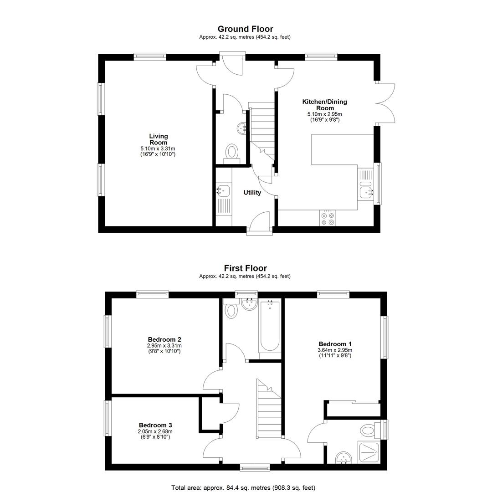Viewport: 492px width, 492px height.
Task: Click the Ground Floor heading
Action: (x=246, y=29)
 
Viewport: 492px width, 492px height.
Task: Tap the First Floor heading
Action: (x=246, y=268)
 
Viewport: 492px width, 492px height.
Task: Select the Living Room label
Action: (x=159, y=139)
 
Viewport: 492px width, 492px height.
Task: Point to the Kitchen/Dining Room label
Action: (x=325, y=105)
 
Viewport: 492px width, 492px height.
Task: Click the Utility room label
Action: (x=252, y=193)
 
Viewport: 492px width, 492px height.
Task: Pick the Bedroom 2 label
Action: (x=164, y=339)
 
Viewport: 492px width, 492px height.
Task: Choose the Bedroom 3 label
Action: (x=155, y=425)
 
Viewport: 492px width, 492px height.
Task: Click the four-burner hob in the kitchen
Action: (x=328, y=218)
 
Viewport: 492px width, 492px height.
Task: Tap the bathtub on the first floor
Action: (x=270, y=326)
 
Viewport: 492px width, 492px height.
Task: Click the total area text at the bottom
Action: (x=243, y=487)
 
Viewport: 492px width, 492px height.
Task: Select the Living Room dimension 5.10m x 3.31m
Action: (x=158, y=149)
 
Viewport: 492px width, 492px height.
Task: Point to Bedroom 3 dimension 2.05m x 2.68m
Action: (x=155, y=431)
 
